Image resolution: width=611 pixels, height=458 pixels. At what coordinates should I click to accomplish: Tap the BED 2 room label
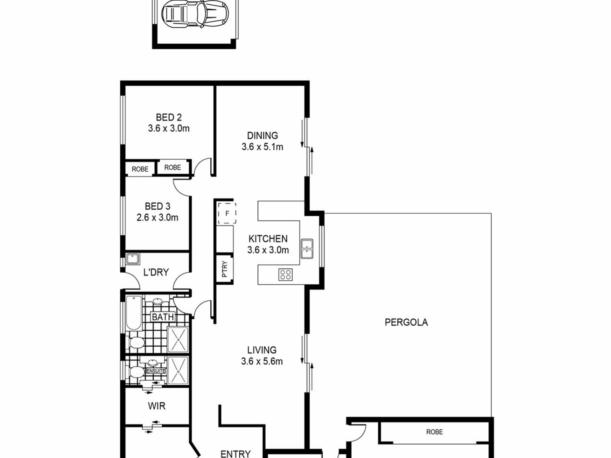point(169,117)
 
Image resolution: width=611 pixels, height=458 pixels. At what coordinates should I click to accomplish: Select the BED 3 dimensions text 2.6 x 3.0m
point(157,218)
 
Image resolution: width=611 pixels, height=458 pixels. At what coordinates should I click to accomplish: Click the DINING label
point(262,135)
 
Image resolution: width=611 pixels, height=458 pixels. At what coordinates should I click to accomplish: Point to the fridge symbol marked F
point(227,213)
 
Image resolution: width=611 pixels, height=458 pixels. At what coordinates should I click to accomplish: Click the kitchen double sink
point(307,249)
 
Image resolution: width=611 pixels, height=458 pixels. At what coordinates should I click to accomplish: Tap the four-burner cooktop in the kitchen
point(285,274)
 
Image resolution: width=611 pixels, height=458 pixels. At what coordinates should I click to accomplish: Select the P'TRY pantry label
point(225,269)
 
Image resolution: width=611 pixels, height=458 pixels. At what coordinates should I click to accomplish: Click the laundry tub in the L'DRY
point(133,259)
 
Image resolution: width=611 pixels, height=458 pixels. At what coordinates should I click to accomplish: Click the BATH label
point(163,317)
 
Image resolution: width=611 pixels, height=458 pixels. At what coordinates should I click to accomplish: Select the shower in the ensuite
point(178,370)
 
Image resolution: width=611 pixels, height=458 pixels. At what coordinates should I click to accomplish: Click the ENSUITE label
point(156,371)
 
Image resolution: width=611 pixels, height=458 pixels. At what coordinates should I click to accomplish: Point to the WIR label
point(157,406)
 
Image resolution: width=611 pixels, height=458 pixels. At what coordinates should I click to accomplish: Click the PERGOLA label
point(406,322)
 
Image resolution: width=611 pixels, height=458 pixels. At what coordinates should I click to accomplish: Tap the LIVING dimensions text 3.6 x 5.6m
point(262,361)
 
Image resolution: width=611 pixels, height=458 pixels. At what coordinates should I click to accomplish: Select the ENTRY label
point(235,454)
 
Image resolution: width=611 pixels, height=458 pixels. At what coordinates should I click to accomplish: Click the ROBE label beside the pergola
point(434,432)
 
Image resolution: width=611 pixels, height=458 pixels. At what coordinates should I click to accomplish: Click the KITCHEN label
point(268,239)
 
